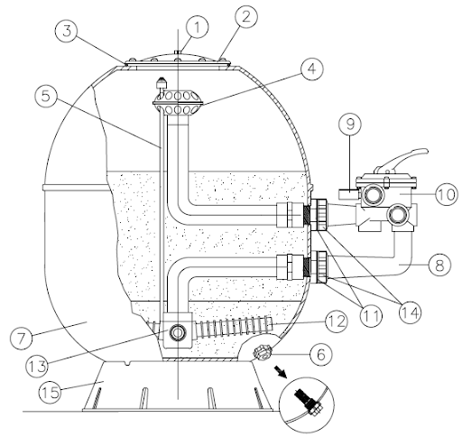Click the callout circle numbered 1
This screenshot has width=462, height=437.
tap(197, 26)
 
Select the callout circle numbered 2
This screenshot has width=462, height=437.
tap(246, 17)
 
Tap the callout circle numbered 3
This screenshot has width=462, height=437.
tap(67, 32)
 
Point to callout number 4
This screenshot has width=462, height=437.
tap(312, 69)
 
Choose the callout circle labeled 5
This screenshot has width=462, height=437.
tap(46, 98)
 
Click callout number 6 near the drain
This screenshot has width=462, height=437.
tap(321, 354)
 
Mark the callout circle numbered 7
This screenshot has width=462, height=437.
tap(21, 339)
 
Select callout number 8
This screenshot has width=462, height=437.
tap(439, 265)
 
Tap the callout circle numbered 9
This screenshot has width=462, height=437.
tap(350, 124)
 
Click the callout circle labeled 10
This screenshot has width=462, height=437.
tap(447, 194)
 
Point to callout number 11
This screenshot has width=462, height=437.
tap(371, 315)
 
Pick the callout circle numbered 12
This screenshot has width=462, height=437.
tap(337, 321)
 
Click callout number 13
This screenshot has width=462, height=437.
tap(37, 367)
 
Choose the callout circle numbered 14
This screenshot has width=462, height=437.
tap(411, 313)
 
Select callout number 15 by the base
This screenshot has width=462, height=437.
tap(51, 393)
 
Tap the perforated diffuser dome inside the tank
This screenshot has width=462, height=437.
tap(178, 103)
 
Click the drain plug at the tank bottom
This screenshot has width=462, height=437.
tap(263, 352)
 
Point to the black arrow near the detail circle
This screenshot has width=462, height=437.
tap(282, 373)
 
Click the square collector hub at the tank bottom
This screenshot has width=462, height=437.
tap(178, 330)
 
